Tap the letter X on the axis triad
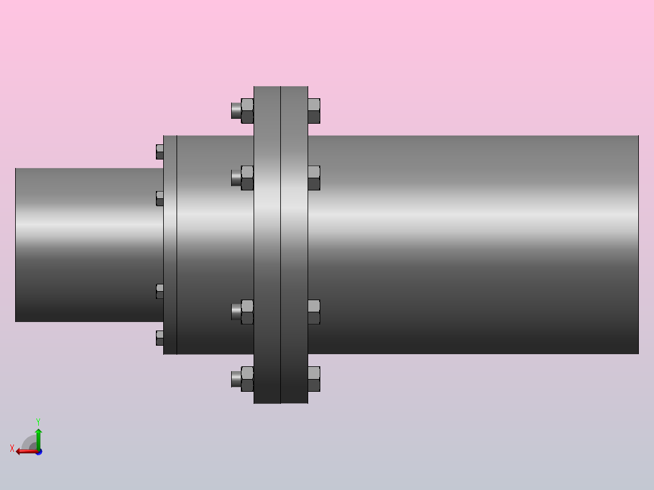pos(12,448)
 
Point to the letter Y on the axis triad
pos(38,421)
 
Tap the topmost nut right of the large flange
pos(314,111)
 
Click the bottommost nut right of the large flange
pos(314,379)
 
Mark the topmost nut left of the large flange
pos(247,111)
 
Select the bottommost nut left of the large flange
pos(247,379)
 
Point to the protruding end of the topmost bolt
pos(235,110)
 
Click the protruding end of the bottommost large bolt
pos(235,379)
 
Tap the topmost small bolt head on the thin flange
pos(160,152)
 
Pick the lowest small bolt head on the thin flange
pos(160,338)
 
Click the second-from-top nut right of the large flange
pos(314,178)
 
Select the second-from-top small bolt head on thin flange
pos(160,198)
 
